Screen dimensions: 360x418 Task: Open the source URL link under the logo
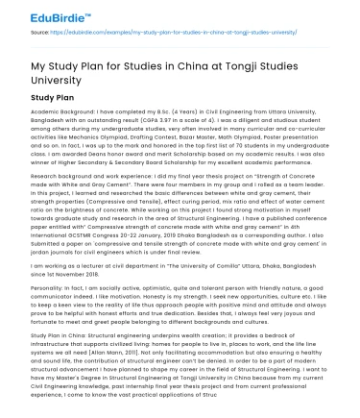[180, 31]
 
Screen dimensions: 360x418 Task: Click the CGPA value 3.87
[183, 121]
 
